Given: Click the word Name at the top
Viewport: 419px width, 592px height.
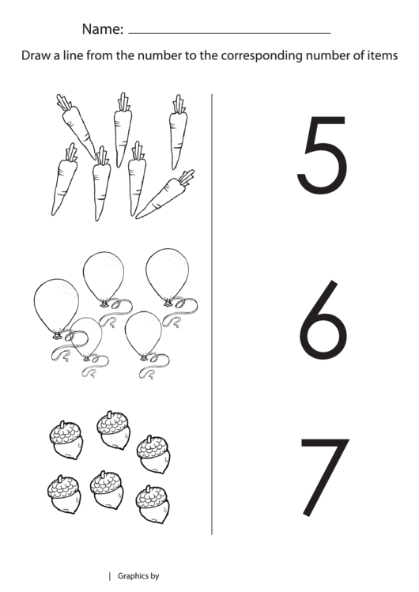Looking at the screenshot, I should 102,30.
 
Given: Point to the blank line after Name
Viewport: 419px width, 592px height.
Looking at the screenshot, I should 229,33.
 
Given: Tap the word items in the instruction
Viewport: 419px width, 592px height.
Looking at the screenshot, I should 381,56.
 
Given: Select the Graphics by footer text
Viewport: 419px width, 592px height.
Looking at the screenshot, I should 138,576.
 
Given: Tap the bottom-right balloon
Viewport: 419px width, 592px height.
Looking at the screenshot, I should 143,333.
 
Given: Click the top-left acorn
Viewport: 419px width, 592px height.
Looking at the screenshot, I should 66,439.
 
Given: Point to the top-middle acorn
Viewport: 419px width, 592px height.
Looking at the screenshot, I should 112,429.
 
